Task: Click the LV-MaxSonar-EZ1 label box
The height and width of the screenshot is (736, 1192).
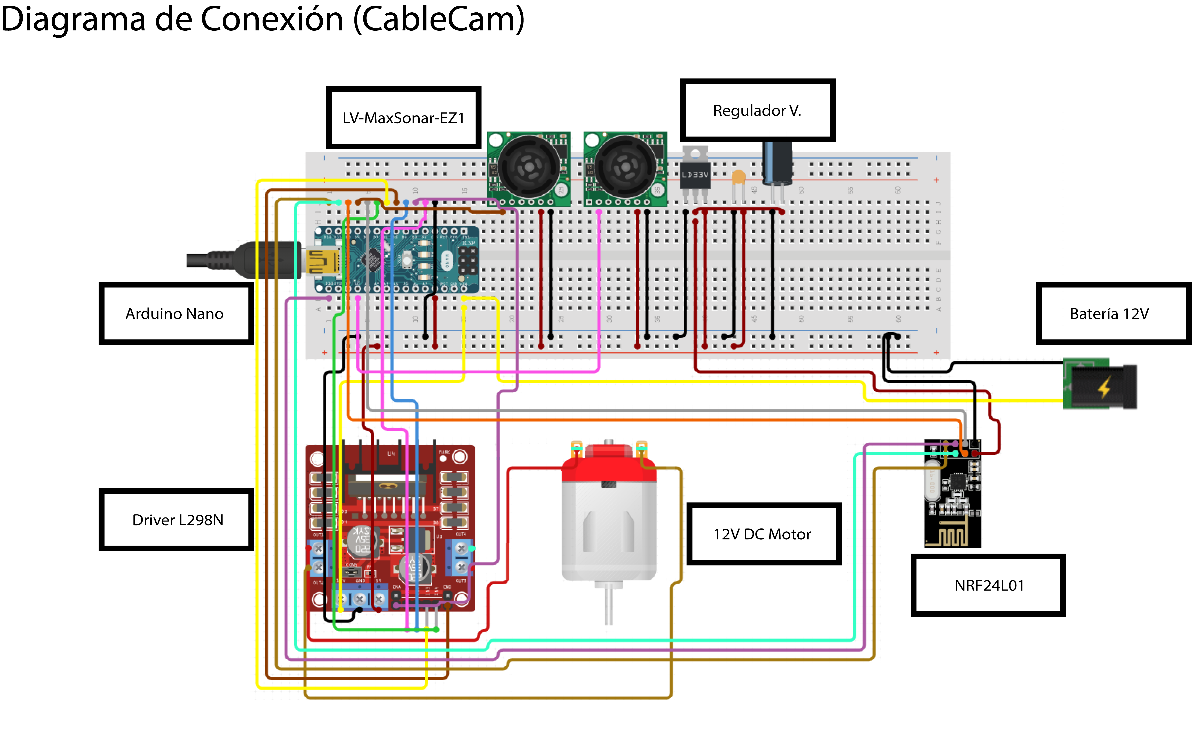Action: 403,118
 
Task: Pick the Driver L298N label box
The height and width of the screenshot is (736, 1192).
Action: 177,520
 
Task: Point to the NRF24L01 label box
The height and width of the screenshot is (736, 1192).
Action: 988,585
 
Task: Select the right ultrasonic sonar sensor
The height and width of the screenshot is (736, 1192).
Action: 625,168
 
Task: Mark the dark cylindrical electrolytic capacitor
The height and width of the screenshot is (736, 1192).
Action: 777,163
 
